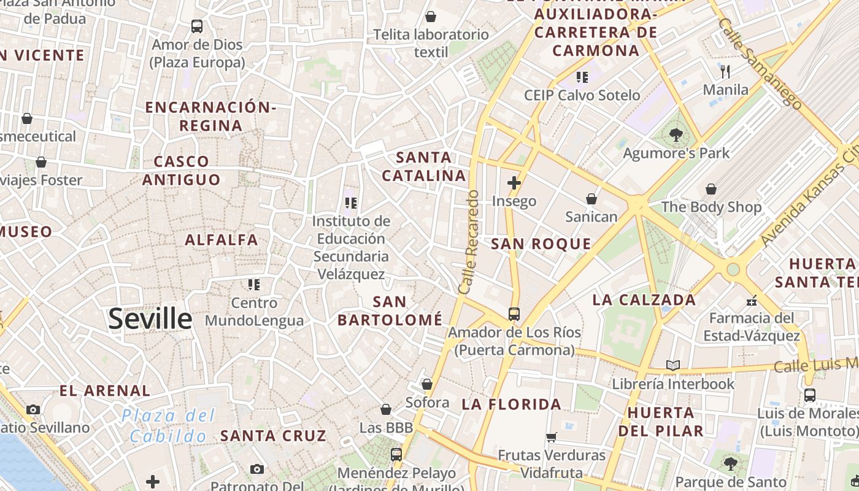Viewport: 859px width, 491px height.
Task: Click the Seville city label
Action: point(150,319)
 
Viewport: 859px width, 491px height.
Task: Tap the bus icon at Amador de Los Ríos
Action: point(514,314)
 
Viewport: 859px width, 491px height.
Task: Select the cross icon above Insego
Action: point(514,183)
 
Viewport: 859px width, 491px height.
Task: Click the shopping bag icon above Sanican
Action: point(591,199)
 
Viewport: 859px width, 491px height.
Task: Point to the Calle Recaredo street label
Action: point(468,242)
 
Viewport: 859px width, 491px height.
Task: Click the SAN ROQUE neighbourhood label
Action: point(541,244)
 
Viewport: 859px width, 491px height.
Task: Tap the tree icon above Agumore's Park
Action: point(676,134)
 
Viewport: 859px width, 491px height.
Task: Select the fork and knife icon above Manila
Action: point(726,72)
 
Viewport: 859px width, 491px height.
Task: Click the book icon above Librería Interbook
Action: point(673,366)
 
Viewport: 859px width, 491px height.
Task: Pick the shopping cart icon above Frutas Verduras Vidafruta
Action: point(551,438)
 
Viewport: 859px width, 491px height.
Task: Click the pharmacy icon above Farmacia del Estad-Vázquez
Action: point(752,301)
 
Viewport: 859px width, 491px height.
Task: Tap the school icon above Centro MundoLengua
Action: point(254,285)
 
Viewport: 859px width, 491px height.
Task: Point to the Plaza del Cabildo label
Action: point(168,426)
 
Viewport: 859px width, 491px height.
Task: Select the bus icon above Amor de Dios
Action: point(197,26)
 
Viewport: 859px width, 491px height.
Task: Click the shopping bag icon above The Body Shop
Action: point(711,189)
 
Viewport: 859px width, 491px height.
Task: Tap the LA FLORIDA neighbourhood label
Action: point(511,404)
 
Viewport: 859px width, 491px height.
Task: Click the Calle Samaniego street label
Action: point(759,63)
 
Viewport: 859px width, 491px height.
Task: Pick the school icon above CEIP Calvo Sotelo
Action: point(582,77)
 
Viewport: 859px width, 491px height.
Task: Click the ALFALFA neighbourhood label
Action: point(221,240)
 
